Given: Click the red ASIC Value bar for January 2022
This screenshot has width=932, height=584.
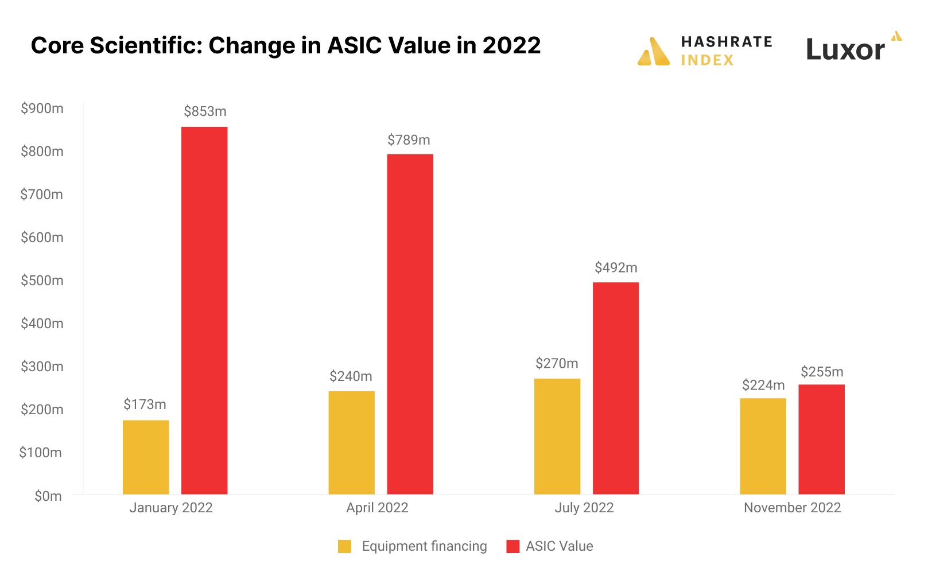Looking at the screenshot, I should point(204,310).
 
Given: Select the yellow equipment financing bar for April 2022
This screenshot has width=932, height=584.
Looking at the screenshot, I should point(351,442).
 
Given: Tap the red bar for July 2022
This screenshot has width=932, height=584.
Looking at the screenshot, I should point(615,388).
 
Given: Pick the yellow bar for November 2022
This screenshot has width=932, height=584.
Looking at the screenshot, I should point(763,446).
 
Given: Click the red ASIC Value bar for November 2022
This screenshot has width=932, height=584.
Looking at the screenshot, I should point(821,439).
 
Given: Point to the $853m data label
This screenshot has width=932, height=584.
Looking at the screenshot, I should point(205,111).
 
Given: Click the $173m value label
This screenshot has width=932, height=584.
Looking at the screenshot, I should point(145,404).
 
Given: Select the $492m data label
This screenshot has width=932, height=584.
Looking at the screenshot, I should point(616,267).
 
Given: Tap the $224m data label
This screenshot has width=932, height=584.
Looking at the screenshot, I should point(763,385).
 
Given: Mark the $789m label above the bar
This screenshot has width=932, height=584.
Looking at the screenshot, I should point(409,140).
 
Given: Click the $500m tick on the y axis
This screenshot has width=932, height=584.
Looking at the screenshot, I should point(42,281).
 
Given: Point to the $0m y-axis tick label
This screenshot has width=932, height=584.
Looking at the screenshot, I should point(48,496).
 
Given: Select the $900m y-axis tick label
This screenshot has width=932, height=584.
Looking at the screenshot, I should point(42,108).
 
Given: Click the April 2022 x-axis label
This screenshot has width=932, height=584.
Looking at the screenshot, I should point(377,508).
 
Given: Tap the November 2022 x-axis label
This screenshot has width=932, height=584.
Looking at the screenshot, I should point(792,508).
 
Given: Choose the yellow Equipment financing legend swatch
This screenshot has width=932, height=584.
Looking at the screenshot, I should point(344,546).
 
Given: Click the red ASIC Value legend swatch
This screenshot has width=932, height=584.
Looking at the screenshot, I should point(512,546).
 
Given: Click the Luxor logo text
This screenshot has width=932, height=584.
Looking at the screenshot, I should point(845,50).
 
